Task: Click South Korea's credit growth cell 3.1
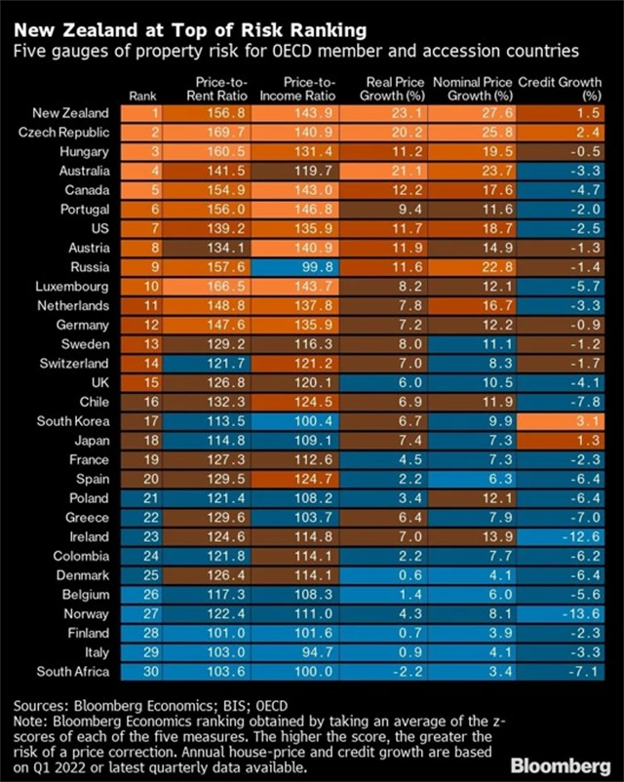(588, 421)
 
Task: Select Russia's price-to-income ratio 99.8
(304, 266)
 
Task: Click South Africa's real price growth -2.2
(394, 672)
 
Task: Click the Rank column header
(143, 96)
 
